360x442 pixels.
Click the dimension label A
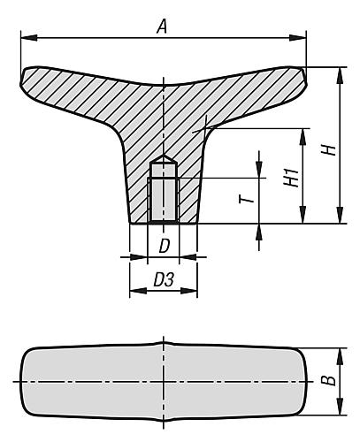pos(161,27)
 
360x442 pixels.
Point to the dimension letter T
pos(251,195)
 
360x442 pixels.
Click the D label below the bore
pos(164,244)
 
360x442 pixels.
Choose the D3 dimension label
pos(164,279)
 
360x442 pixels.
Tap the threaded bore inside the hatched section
pos(164,199)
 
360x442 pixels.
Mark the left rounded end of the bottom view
pos(24,382)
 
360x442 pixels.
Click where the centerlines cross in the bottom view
pos(164,382)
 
